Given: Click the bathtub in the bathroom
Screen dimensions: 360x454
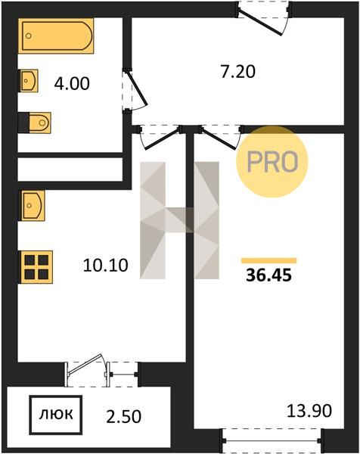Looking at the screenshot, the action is click(57, 36).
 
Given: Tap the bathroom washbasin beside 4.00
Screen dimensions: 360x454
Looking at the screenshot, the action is click(29, 81).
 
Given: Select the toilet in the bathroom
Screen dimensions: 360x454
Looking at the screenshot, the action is click(35, 123).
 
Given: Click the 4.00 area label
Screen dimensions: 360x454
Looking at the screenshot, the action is click(72, 84).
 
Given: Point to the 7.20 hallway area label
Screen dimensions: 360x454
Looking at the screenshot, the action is click(238, 72).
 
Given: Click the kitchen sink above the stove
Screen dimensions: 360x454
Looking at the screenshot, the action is click(32, 206).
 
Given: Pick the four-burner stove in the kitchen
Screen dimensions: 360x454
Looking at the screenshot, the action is click(36, 267).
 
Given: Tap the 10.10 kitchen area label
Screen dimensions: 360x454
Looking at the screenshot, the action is click(105, 266).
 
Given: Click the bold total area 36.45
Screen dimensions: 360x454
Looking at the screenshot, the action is click(268, 275).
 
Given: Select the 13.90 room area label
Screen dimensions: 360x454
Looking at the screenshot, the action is click(309, 411).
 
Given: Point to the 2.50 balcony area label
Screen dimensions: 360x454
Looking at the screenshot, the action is click(123, 417).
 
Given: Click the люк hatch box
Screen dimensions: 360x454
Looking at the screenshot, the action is click(56, 415).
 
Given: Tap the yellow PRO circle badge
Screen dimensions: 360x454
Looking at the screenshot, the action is click(272, 162).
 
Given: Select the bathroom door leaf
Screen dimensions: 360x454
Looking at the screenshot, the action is click(137, 89).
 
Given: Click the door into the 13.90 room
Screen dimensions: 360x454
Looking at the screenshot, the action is click(219, 138).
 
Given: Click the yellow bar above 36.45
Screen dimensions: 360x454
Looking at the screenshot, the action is click(269, 260).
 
